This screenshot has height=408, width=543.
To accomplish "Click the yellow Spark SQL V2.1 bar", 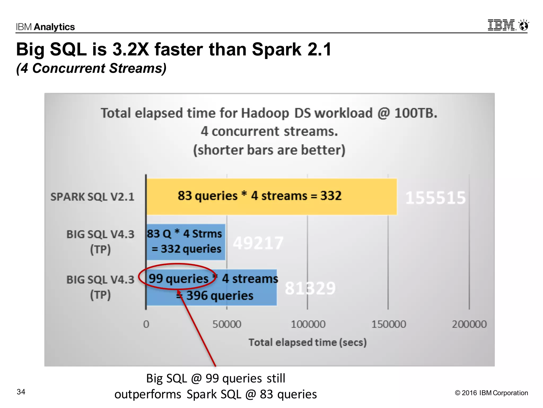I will [x=271, y=197].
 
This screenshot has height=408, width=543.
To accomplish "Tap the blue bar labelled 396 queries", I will [x=212, y=287].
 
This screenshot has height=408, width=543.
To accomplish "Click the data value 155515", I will [x=435, y=198].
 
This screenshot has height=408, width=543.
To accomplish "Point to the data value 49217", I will [x=258, y=243].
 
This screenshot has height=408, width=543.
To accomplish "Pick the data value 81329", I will [x=310, y=288].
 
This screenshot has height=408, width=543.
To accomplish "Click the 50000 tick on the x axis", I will [x=227, y=324].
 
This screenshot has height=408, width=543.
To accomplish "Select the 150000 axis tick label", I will [x=388, y=324].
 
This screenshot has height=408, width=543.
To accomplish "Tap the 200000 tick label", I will [x=469, y=324].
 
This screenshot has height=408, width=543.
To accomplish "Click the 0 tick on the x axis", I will [x=146, y=324].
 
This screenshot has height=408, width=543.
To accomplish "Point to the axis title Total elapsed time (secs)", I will [x=308, y=342].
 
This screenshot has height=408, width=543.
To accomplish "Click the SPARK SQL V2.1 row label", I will [x=92, y=197].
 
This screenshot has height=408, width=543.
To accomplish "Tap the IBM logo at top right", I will [x=501, y=25].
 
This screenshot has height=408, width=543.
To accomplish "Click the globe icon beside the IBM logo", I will [x=524, y=25].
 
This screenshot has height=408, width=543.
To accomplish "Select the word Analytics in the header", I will [x=54, y=27].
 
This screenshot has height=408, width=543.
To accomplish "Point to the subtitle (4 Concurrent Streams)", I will [x=91, y=68].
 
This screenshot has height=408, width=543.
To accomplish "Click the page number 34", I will [x=21, y=392].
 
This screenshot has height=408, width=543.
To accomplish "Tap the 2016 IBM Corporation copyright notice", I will [x=491, y=393].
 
